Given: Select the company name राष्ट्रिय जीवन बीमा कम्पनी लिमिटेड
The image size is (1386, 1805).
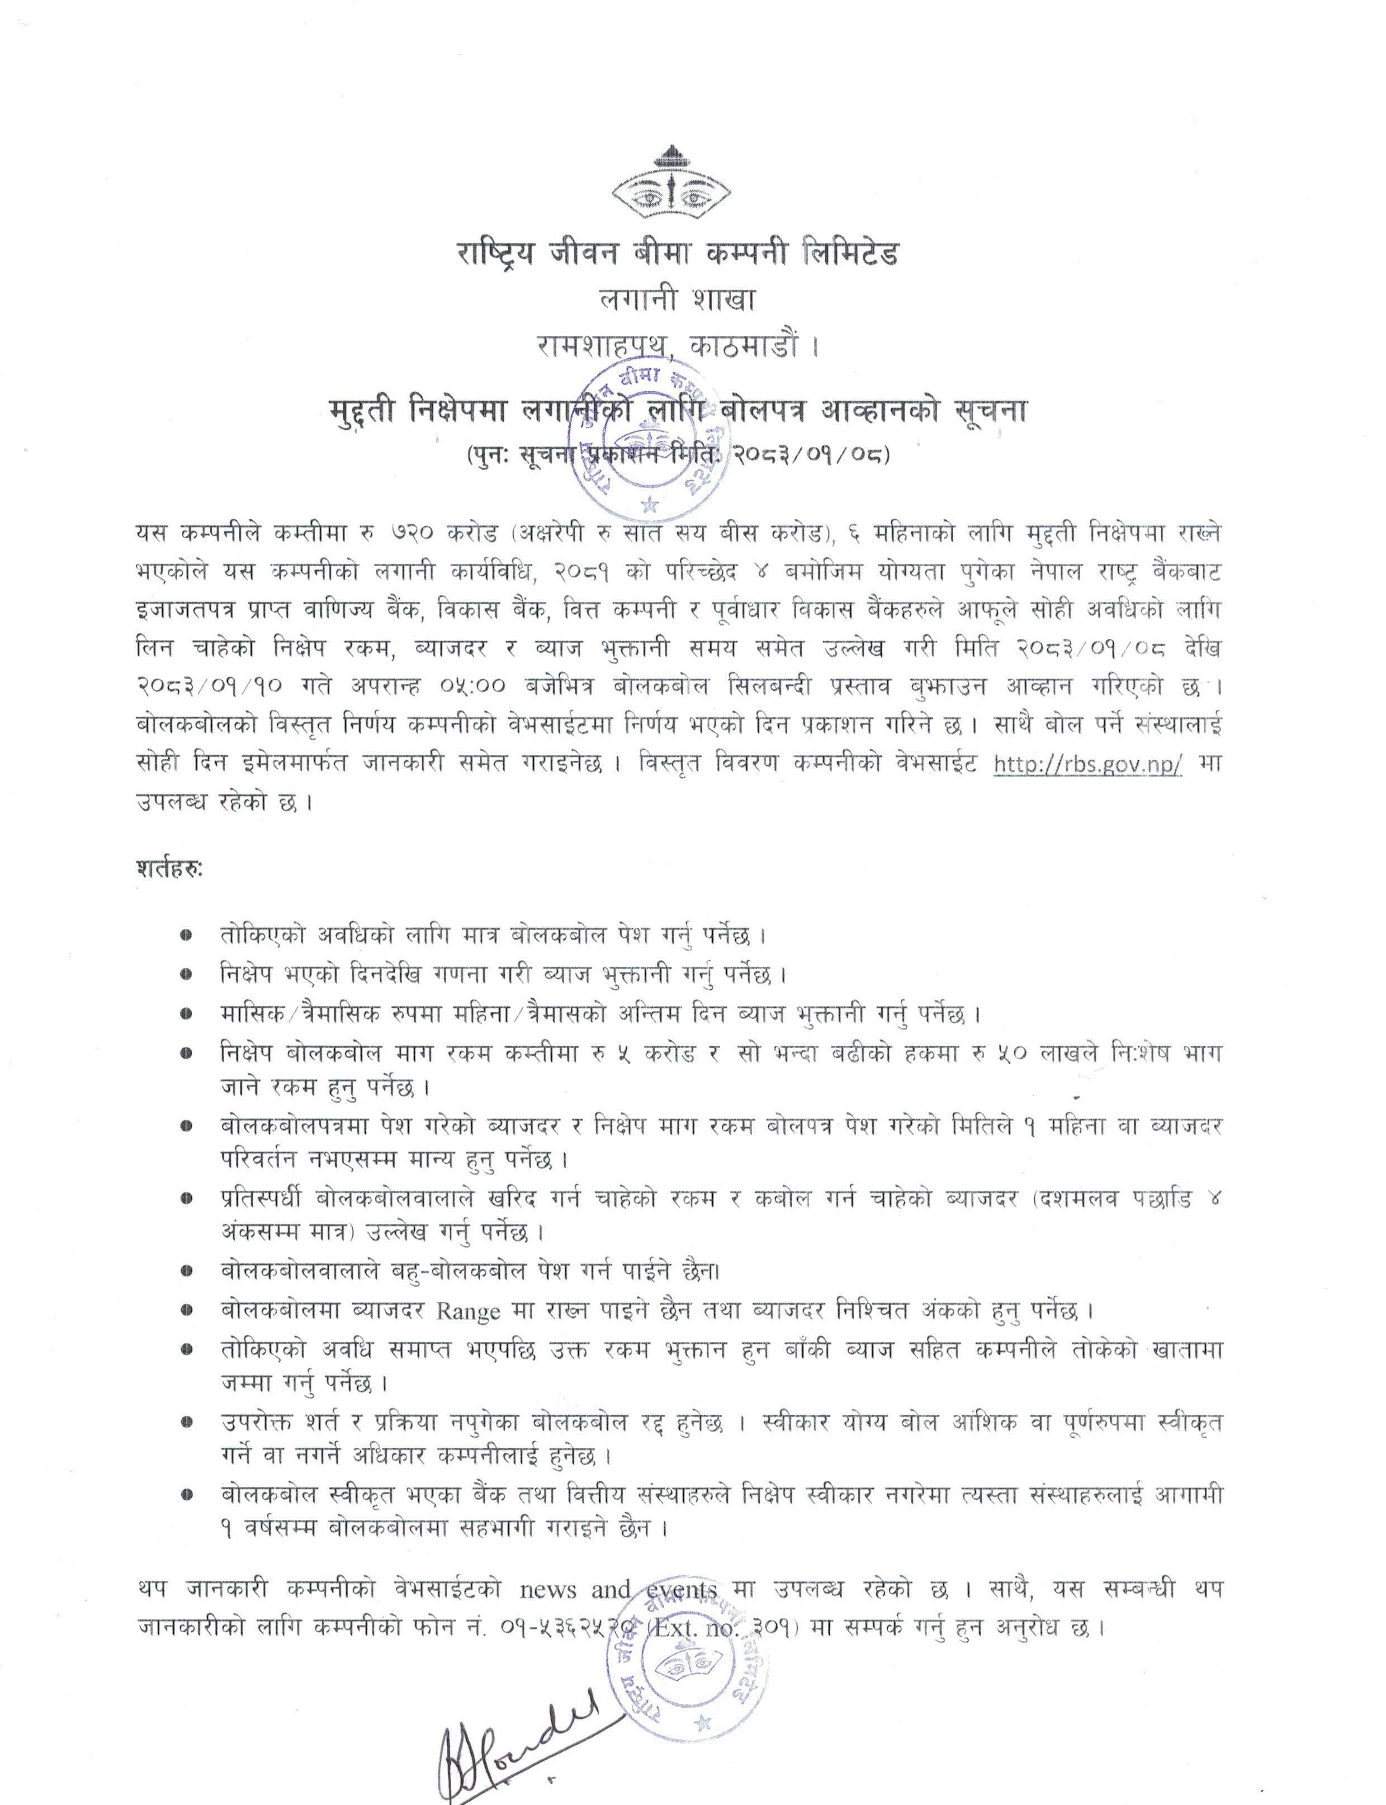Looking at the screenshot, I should (677, 253).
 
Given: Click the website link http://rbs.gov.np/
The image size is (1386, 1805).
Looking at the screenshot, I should (1088, 764).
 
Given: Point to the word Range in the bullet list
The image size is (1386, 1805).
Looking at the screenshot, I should (468, 1311).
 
